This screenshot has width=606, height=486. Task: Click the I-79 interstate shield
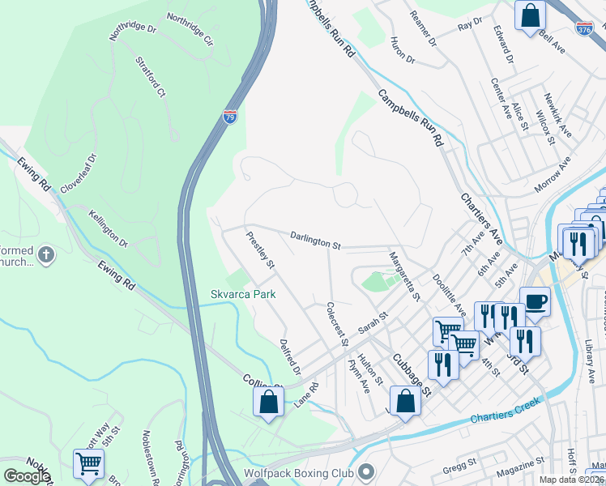point(231,117)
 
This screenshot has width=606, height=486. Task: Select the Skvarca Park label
point(243,294)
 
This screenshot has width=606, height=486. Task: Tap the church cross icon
point(47,255)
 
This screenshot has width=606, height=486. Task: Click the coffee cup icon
point(535,302)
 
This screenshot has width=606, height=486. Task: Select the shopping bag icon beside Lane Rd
point(268,401)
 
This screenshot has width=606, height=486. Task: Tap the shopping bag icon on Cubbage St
point(405,400)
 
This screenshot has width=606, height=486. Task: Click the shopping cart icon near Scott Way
point(88,464)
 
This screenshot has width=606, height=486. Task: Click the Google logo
point(27,476)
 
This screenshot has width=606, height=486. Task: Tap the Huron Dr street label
point(402,50)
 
